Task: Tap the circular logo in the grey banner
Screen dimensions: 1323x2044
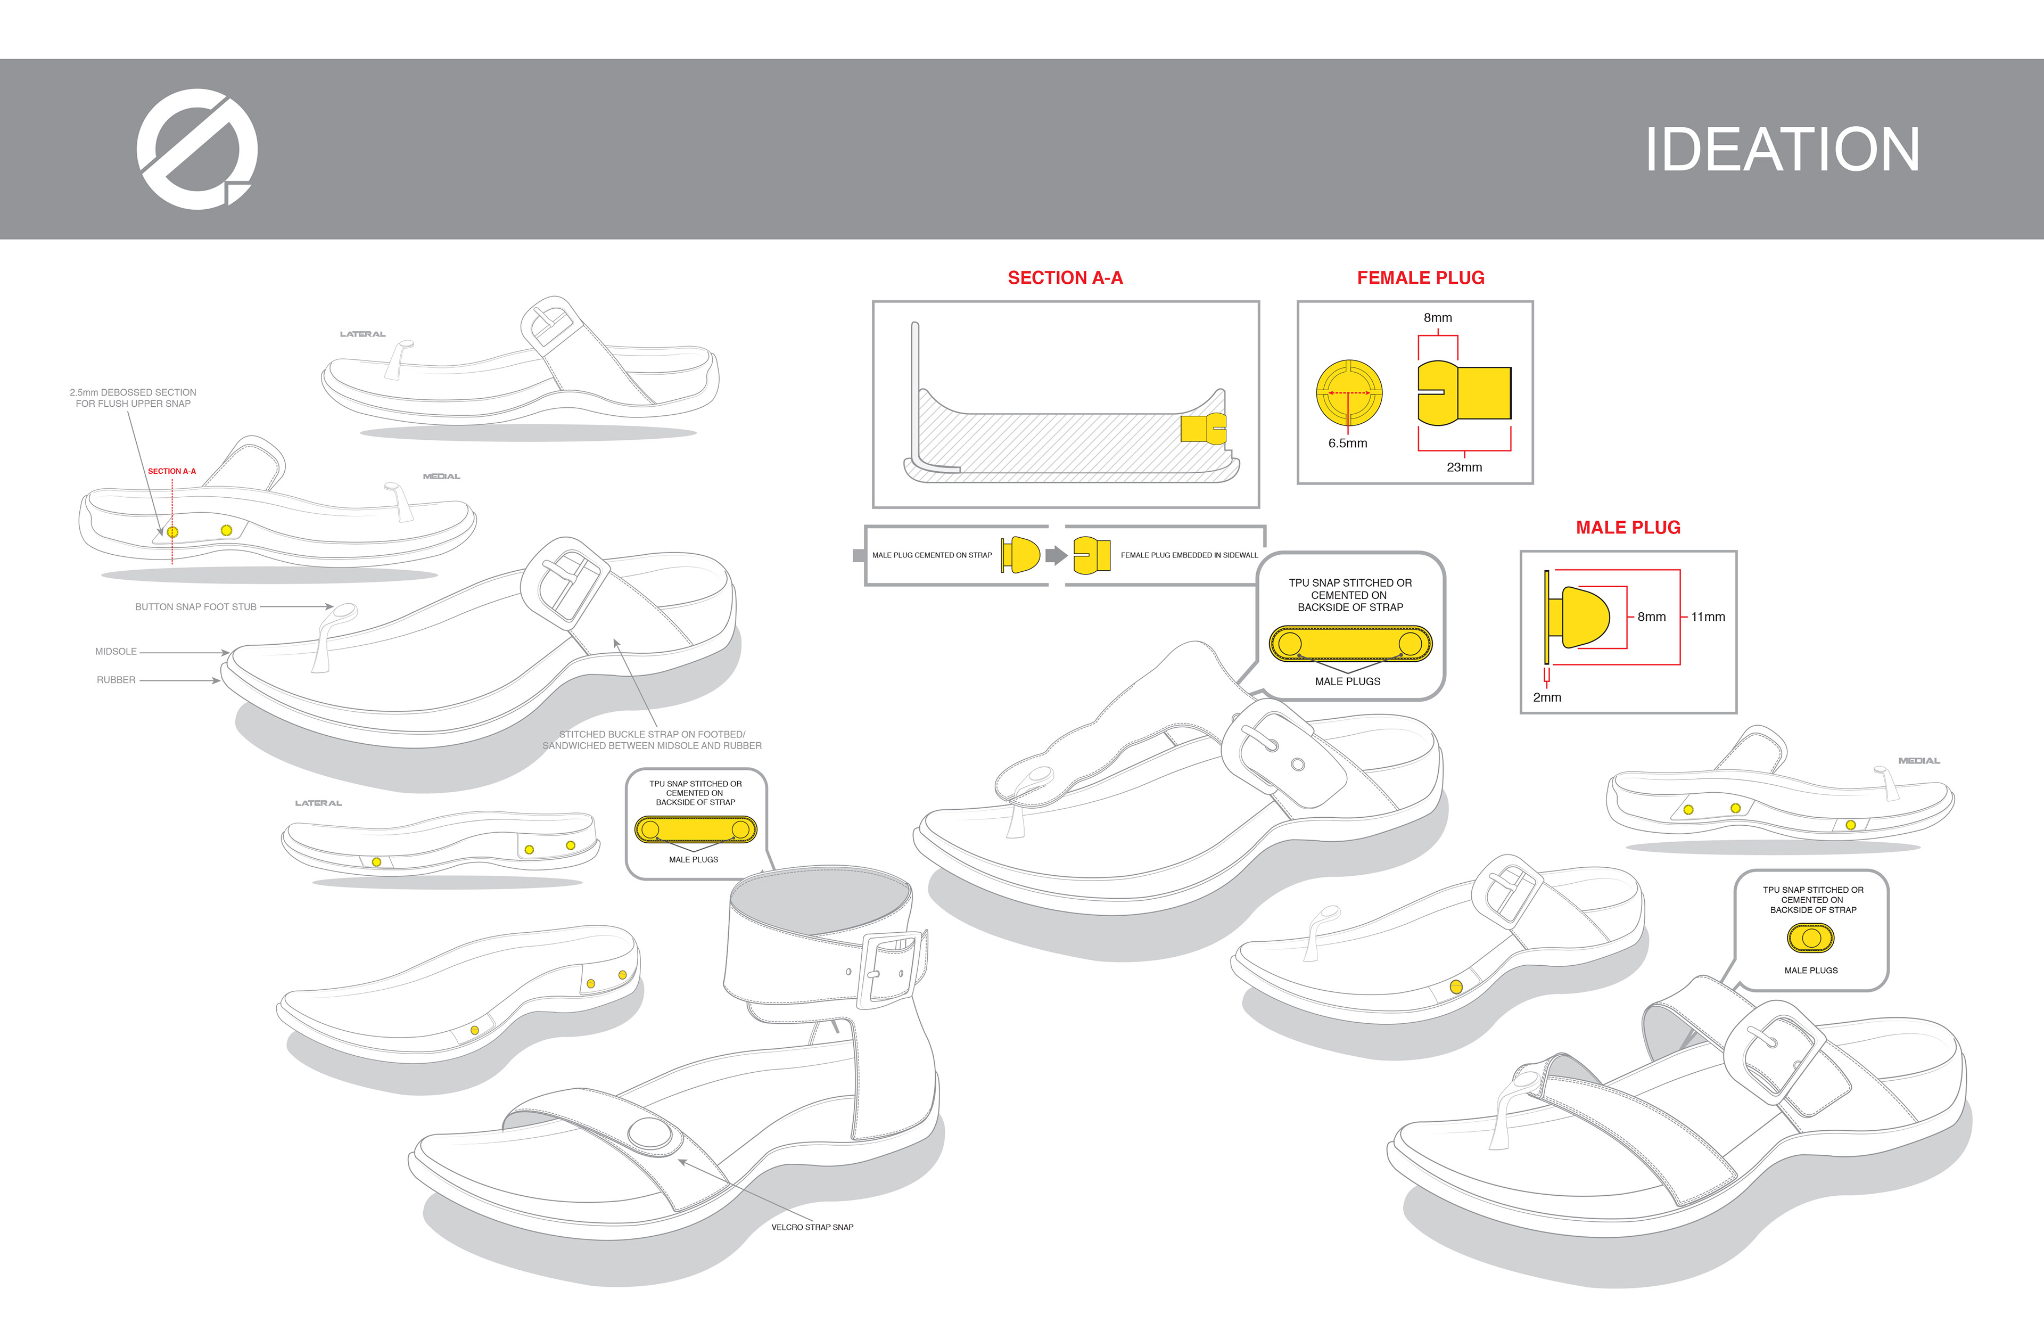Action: pos(196,149)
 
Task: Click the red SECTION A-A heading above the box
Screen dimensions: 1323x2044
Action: pos(1065,277)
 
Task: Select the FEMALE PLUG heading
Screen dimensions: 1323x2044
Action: pos(1421,277)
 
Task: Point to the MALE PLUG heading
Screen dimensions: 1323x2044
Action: pos(1627,528)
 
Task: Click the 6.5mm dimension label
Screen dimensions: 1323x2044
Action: pos(1347,443)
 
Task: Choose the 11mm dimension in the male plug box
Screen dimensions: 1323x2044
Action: pos(1708,617)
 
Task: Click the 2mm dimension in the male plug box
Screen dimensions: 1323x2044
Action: pos(1547,697)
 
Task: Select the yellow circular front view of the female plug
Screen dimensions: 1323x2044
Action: pos(1349,392)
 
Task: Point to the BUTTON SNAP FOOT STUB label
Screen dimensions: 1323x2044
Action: pos(196,606)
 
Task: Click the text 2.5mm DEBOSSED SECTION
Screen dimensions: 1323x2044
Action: pos(133,392)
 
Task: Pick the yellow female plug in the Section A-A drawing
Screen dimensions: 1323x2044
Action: pos(1202,428)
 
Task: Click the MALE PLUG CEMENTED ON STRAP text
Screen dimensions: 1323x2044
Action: pos(932,555)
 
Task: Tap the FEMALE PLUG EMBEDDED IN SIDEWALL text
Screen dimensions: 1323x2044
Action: pos(1189,555)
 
